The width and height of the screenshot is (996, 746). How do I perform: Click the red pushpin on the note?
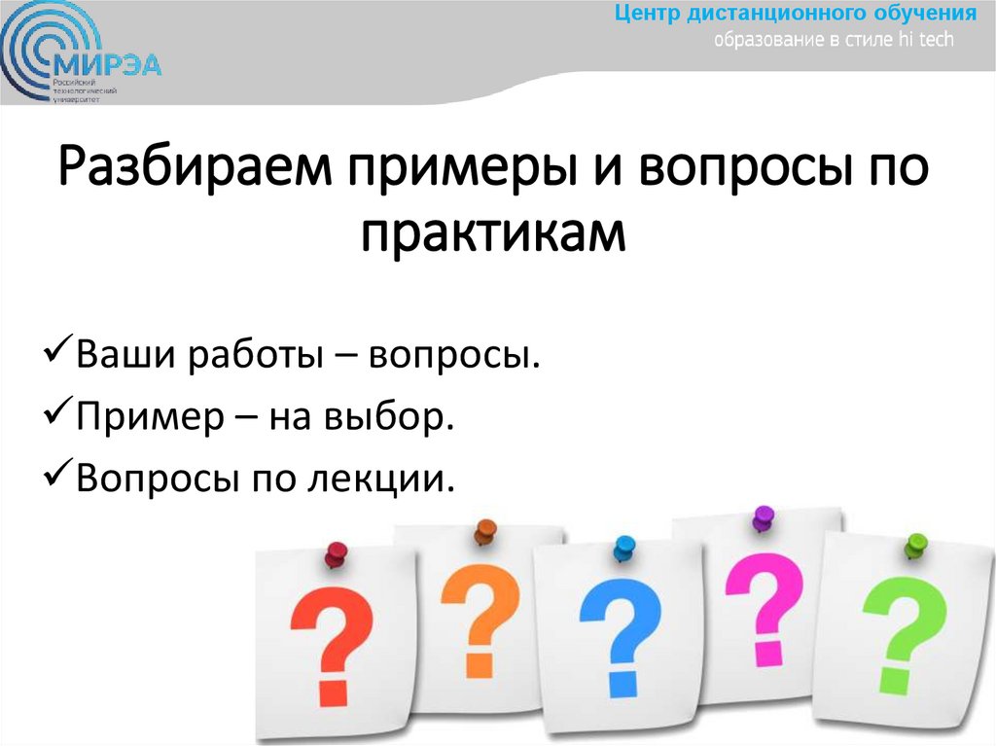click(x=336, y=555)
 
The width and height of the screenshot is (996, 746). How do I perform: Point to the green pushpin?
click(x=914, y=544)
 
